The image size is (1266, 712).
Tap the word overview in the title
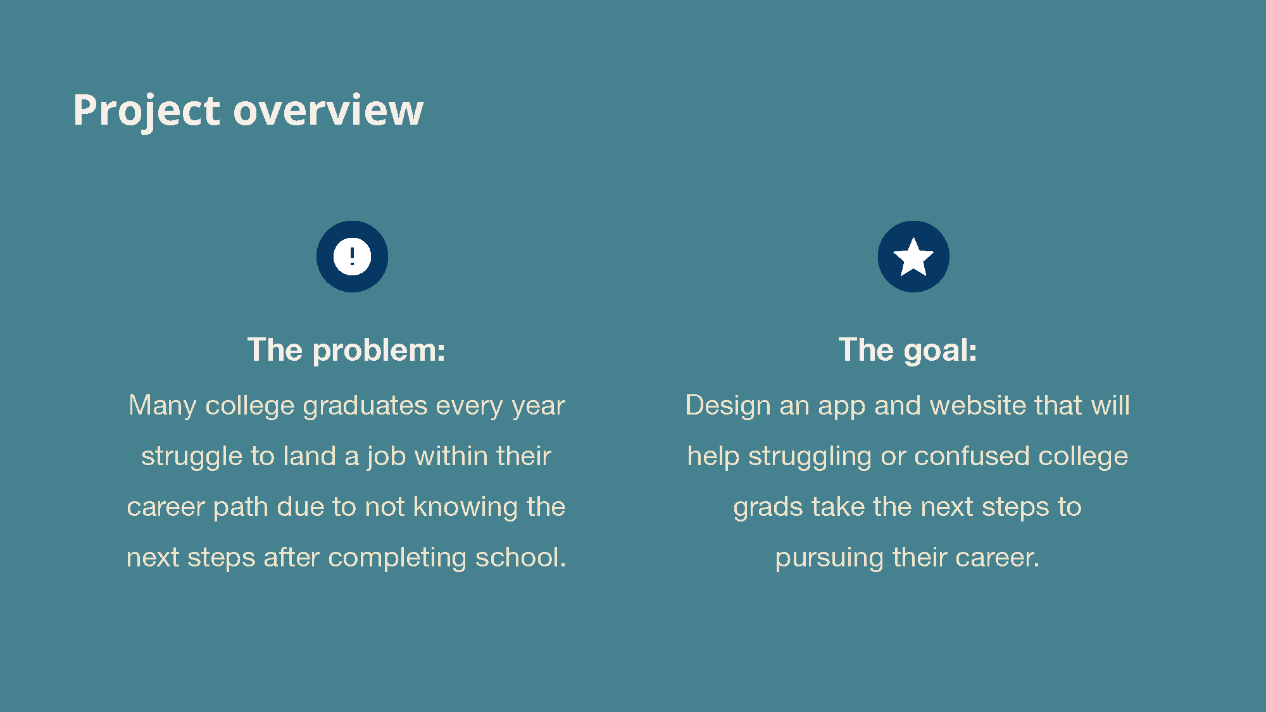click(x=329, y=110)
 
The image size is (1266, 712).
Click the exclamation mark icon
click(x=352, y=256)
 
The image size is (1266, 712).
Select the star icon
click(x=913, y=256)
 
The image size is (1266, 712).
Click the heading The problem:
click(x=346, y=350)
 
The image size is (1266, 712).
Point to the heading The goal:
click(x=908, y=350)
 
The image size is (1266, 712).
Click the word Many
click(x=163, y=406)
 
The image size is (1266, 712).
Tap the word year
click(x=538, y=406)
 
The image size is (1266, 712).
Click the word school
click(x=521, y=557)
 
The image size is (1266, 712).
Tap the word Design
click(x=728, y=406)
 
